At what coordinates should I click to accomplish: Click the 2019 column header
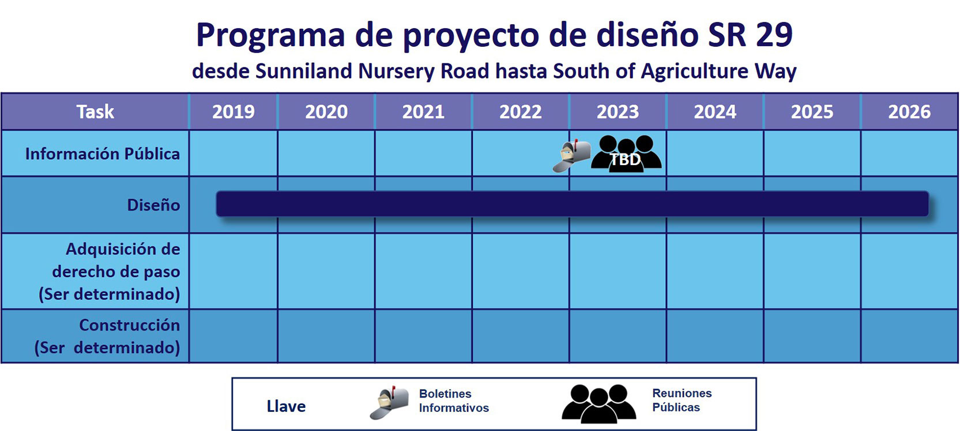click(234, 112)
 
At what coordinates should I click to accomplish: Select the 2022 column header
click(521, 112)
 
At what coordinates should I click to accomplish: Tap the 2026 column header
click(909, 112)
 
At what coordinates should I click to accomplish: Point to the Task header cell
click(95, 112)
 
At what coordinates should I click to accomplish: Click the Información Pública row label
click(103, 153)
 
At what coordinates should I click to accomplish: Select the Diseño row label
click(153, 205)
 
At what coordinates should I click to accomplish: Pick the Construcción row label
click(107, 336)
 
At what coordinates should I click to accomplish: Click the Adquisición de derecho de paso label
click(110, 271)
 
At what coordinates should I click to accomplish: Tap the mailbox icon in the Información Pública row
click(572, 156)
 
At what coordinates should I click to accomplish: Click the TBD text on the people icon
click(625, 160)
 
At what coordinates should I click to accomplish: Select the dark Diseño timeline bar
click(573, 204)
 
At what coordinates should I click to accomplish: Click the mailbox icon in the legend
click(389, 403)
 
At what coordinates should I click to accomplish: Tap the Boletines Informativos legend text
click(454, 400)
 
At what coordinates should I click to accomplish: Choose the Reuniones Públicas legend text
click(682, 400)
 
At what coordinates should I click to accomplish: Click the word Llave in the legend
click(287, 406)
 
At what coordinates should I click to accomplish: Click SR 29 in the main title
click(750, 35)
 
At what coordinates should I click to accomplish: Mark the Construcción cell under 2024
click(715, 336)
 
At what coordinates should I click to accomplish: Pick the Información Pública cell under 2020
click(326, 153)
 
